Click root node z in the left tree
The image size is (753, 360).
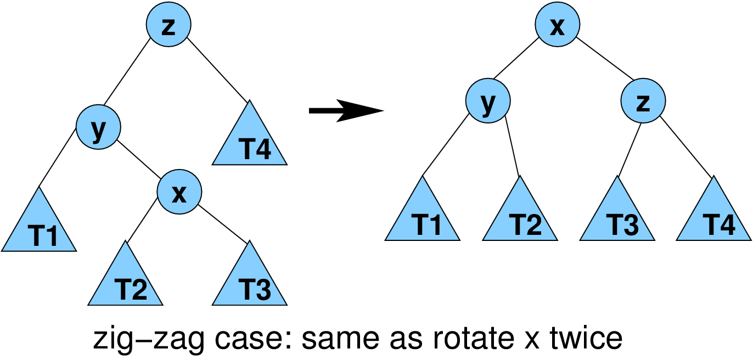coord(168,25)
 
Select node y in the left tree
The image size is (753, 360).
coord(98,128)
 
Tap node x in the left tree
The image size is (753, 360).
coord(179,192)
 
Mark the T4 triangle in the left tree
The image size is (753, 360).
coord(250,142)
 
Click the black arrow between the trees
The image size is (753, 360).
coord(346,110)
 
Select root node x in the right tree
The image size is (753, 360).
coord(557,25)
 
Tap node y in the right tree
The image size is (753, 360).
coord(488,102)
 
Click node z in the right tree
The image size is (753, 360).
coord(643,102)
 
